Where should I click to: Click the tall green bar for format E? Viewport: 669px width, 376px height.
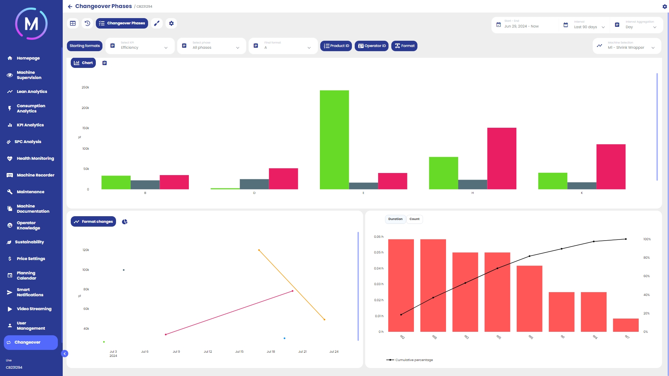pos(334,140)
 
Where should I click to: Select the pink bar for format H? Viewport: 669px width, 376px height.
pos(501,158)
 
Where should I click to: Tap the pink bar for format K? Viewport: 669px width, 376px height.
pos(611,167)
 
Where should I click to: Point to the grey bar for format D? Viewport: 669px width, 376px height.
pos(254,184)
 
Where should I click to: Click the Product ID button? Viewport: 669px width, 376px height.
pos(336,46)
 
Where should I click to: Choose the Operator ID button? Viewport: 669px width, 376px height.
pos(371,46)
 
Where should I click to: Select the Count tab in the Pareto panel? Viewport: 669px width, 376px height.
pos(414,219)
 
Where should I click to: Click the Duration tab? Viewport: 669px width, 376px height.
pos(395,219)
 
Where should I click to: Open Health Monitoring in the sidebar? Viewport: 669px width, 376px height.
pos(35,158)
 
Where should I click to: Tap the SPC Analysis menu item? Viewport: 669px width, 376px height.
pos(28,142)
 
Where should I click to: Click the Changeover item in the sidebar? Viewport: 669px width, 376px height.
pos(28,343)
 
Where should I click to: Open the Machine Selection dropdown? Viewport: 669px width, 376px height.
pos(626,46)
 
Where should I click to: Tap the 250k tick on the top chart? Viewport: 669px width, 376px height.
pos(85,87)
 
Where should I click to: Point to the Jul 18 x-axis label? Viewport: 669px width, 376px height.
pos(271,352)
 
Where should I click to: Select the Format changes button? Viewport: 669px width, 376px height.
pos(93,222)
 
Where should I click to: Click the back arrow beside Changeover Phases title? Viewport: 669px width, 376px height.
pos(70,7)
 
